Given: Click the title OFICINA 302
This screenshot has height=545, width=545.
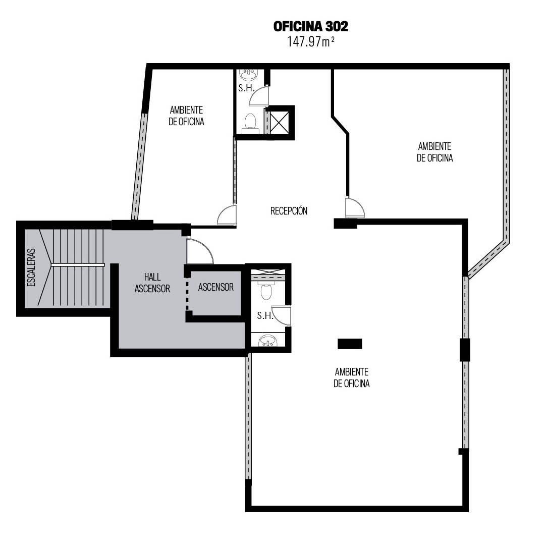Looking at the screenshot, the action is tap(310, 26).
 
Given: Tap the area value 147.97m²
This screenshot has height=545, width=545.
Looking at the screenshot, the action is tap(311, 42).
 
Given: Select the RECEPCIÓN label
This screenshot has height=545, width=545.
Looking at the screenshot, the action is tap(289, 210).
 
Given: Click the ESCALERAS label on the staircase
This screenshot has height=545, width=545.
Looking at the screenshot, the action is tap(31, 267).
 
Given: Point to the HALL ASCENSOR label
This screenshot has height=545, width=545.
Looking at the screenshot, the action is tap(152, 283).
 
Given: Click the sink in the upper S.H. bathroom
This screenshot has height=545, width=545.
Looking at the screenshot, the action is tap(248, 74).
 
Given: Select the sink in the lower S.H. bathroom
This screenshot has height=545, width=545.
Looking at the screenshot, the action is tap(268, 341).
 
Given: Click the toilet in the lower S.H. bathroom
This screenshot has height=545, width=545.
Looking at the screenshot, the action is tap(266, 290).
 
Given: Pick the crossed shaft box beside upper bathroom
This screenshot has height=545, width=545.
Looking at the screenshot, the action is tap(280, 122).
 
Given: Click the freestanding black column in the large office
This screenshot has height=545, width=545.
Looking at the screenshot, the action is tap(350, 344).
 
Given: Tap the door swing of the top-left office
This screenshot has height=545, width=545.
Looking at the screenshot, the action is tap(227, 215).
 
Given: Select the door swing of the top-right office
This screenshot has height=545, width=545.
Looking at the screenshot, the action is tap(355, 208).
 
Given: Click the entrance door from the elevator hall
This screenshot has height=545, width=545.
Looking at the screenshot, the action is tap(200, 251).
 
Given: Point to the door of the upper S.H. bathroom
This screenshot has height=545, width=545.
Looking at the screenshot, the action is tap(259, 96).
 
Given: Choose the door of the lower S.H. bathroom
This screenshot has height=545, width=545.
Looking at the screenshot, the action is tap(281, 315).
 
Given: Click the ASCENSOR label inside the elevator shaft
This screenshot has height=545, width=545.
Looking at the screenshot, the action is tap(216, 287).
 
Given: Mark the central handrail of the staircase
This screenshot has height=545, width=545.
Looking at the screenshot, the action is tap(78, 265).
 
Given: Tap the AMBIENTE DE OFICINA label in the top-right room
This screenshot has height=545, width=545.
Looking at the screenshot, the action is tap(435, 152).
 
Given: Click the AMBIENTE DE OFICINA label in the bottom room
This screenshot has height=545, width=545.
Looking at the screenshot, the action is tap(351, 378).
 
